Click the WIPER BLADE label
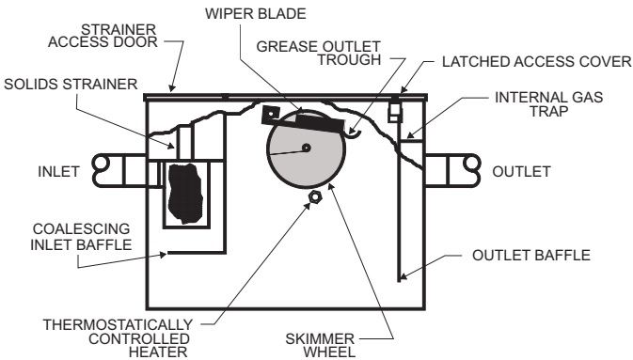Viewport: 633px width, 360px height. [255, 14]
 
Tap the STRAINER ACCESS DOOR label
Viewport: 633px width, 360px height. [103, 36]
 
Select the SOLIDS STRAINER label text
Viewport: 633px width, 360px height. [71, 85]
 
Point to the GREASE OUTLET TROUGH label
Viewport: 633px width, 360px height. [319, 53]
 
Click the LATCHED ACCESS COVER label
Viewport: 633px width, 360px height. [537, 62]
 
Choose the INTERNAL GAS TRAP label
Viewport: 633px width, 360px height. [548, 104]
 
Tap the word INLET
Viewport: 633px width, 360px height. [58, 171]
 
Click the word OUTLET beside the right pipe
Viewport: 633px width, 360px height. [521, 171]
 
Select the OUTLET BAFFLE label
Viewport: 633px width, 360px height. [531, 255]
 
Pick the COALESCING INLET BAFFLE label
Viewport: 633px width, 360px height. [81, 237]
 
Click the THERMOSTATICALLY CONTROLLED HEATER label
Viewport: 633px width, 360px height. [118, 338]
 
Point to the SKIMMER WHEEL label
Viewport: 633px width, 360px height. [320, 345]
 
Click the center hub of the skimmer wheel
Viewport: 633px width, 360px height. [307, 148]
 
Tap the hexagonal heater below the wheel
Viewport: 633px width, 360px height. [314, 197]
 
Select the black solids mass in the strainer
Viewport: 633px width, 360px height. [185, 194]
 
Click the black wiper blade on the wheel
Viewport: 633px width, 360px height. [320, 123]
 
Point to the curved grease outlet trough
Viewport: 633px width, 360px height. [355, 134]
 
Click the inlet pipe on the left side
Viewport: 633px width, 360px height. [119, 171]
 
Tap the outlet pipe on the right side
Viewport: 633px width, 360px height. [453, 171]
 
